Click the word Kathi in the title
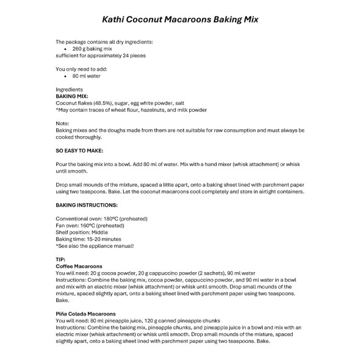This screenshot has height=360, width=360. click(115, 19)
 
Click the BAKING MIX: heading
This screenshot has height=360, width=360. click(72, 96)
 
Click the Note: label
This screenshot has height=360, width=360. click(63, 124)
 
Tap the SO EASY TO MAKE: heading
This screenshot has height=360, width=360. click(79, 150)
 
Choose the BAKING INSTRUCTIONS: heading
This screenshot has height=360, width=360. click(87, 205)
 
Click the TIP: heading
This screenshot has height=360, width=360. click(60, 259)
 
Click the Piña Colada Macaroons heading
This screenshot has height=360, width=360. click(85, 314)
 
